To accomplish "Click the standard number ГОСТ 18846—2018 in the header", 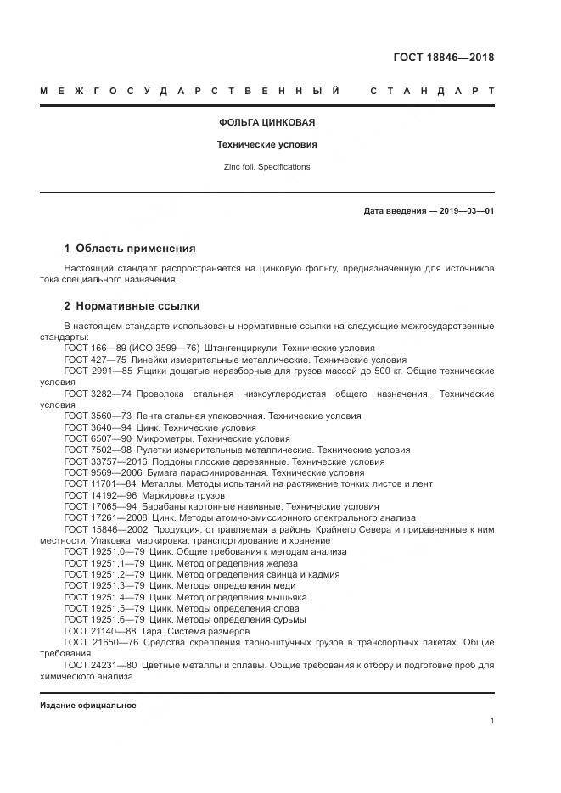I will click(443, 58).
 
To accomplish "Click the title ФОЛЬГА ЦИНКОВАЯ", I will click(267, 122).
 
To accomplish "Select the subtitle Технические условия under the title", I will click(267, 144).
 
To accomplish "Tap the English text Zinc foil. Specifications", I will click(267, 166).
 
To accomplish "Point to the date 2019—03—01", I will click(465, 210).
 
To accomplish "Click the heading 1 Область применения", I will click(130, 249).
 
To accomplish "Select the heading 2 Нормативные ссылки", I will click(132, 305).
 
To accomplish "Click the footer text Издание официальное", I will click(88, 706).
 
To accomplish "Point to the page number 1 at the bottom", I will click(491, 721).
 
